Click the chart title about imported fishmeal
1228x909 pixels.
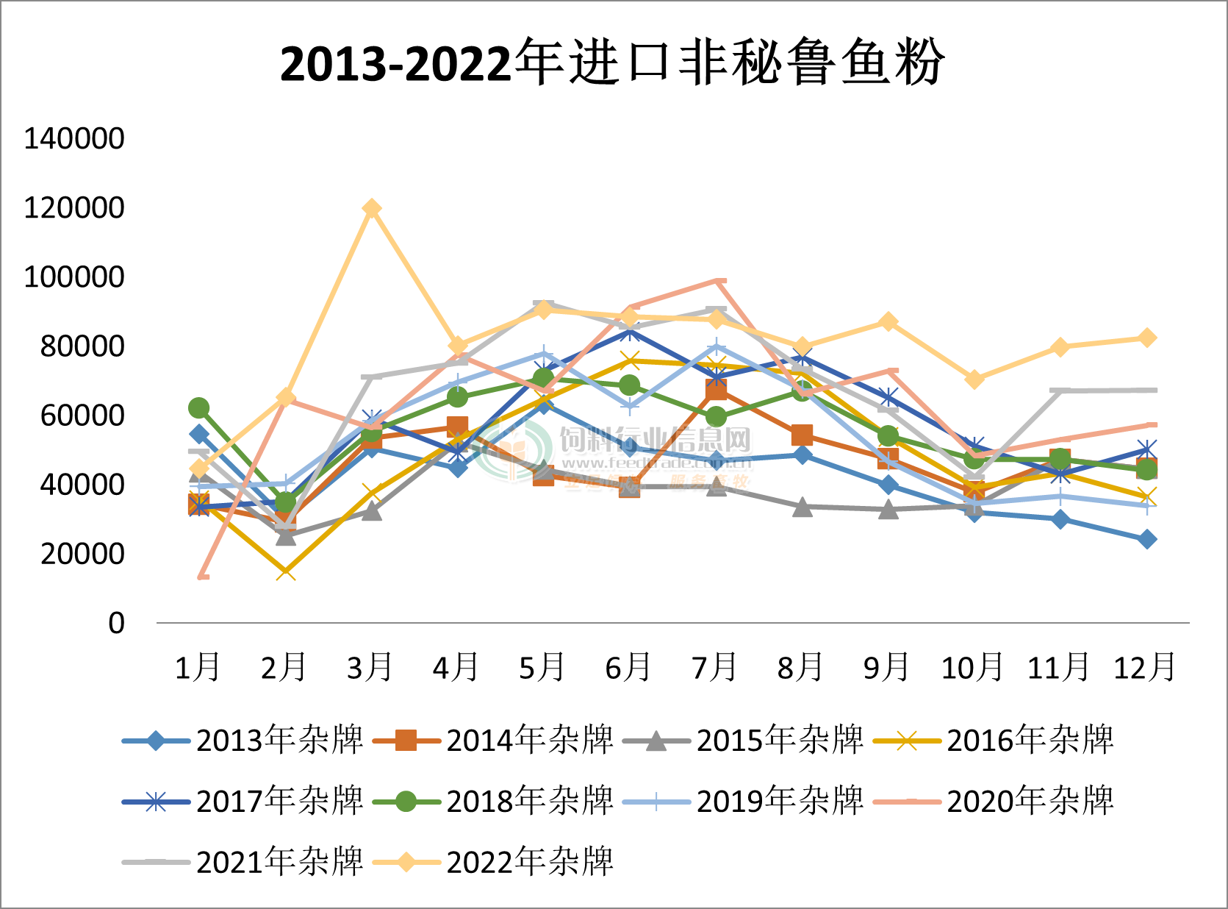[x=612, y=63]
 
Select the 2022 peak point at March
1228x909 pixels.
[x=372, y=209]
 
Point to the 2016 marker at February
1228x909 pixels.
[x=286, y=571]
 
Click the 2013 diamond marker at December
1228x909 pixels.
[x=1147, y=539]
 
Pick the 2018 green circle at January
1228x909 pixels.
[x=199, y=407]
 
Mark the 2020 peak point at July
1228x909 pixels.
[x=717, y=280]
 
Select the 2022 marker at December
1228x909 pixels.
[x=1147, y=338]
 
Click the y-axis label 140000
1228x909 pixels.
[x=74, y=138]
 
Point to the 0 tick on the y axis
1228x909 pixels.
[x=117, y=623]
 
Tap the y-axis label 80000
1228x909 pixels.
[x=82, y=346]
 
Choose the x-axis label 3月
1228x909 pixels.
[x=370, y=667]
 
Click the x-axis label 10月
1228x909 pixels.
[x=972, y=667]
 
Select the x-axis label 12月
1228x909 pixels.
[x=1145, y=667]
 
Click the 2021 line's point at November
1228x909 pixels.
[x=1060, y=391]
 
